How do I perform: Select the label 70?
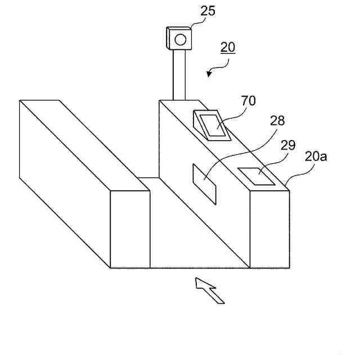tap(249, 101)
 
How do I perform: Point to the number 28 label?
tap(277, 121)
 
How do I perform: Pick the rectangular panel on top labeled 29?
tap(255, 175)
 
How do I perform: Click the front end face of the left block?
tap(130, 229)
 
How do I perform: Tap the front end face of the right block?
tap(269, 229)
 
